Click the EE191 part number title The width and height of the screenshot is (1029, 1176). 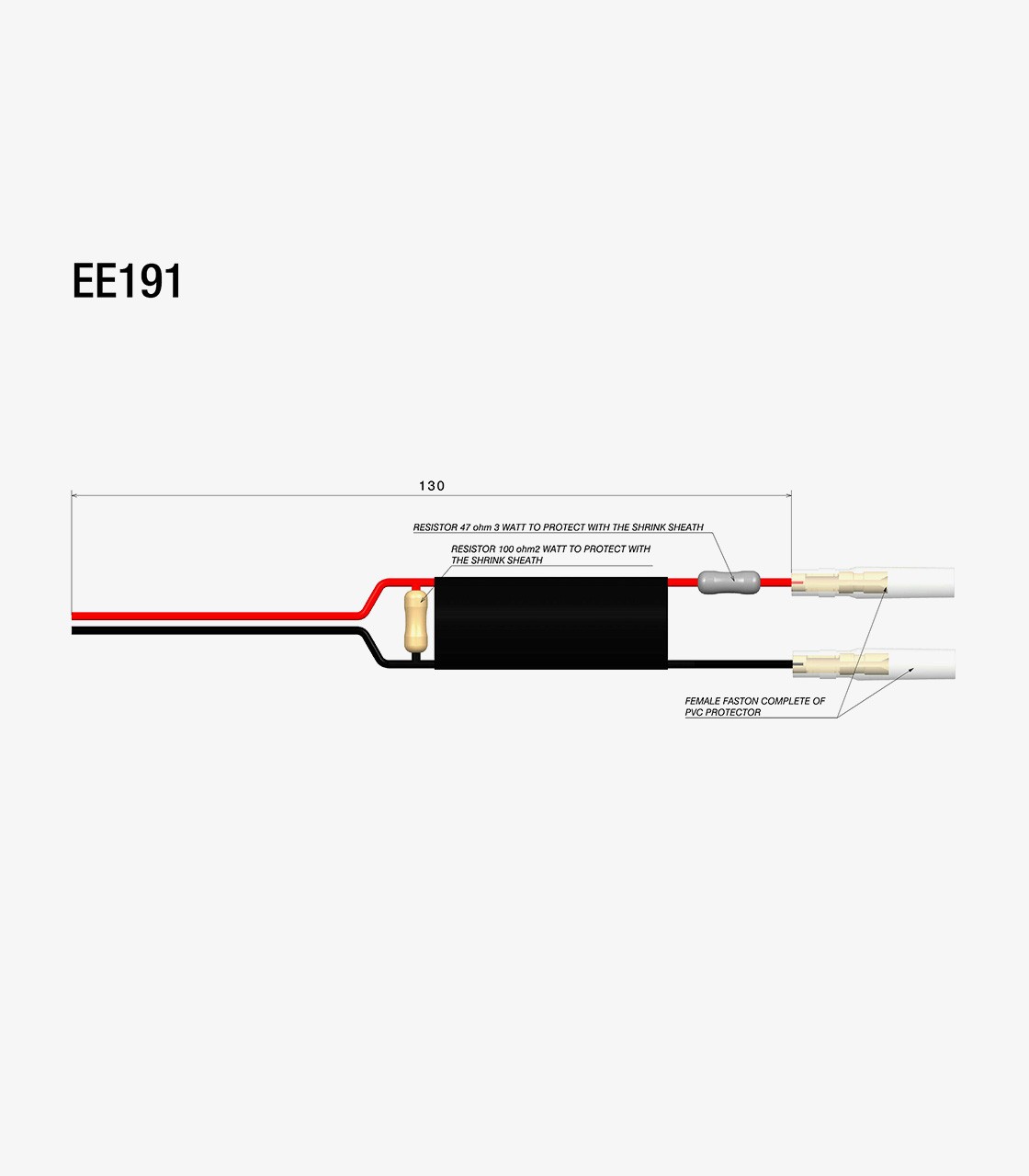click(x=127, y=280)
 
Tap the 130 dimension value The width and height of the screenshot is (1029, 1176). click(x=432, y=486)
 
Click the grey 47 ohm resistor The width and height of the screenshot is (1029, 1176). click(x=729, y=582)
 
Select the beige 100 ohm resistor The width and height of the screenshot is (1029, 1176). click(x=415, y=621)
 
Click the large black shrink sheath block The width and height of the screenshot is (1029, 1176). click(x=550, y=623)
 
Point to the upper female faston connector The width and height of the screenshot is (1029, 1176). click(x=873, y=582)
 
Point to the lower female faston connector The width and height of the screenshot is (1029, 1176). click(x=873, y=664)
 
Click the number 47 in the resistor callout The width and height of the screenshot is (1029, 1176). click(x=466, y=527)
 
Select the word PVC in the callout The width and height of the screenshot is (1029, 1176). click(x=694, y=713)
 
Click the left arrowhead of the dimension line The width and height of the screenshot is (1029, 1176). click(x=74, y=495)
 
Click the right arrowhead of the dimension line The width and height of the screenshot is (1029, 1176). click(x=787, y=495)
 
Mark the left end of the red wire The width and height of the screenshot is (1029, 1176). click(x=72, y=616)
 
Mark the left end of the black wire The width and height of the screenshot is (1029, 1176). click(x=72, y=630)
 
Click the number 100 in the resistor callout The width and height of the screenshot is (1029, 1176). click(x=506, y=548)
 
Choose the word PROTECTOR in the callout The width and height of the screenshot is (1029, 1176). click(x=733, y=713)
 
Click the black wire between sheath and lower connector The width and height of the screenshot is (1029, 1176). click(x=730, y=664)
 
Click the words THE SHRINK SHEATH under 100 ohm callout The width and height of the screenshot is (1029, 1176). click(x=497, y=560)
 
